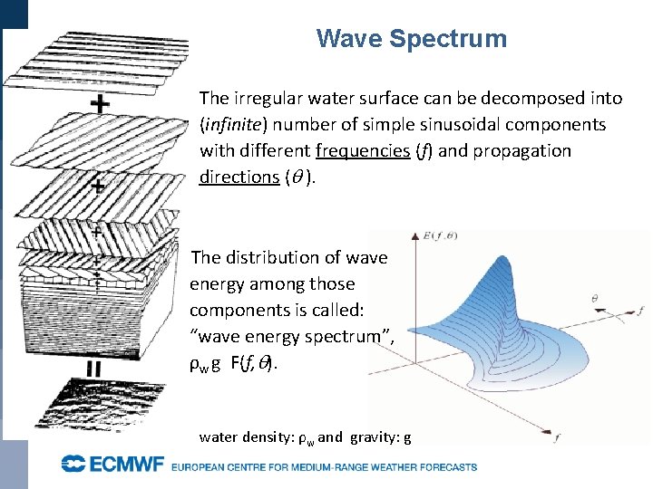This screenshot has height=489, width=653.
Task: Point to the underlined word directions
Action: pyautogui.click(x=239, y=177)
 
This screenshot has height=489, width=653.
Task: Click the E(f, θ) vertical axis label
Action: pyautogui.click(x=440, y=239)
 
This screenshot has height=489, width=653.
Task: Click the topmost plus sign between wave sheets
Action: pyautogui.click(x=101, y=105)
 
